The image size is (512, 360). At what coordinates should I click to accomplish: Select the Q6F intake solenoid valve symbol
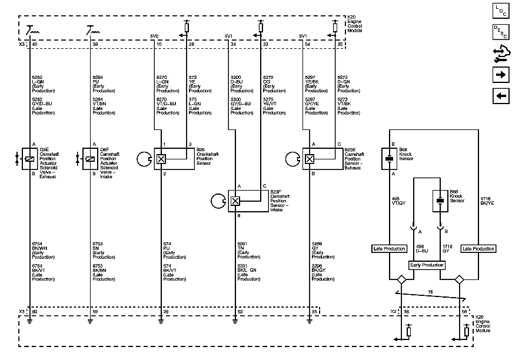[x=90, y=159]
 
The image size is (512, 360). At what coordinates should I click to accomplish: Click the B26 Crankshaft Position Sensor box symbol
[x=160, y=159]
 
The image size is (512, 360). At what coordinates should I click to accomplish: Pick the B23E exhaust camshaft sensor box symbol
[x=309, y=159]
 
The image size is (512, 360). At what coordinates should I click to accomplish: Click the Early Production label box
[x=427, y=265]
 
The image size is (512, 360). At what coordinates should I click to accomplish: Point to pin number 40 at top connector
[x=35, y=45]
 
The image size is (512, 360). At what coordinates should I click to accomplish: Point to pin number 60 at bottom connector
[x=35, y=311]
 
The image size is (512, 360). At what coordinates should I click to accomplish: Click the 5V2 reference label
[x=155, y=36]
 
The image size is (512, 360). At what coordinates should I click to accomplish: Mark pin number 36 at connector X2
[x=406, y=311]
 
